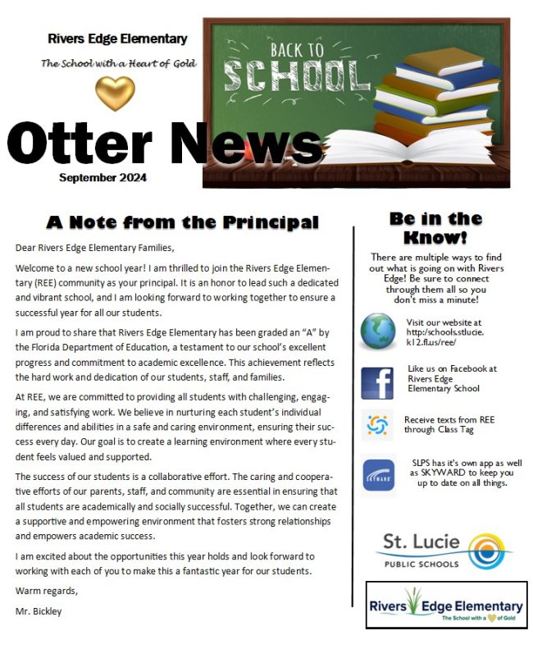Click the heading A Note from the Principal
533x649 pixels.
[x=182, y=222]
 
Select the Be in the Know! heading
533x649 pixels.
[x=435, y=227]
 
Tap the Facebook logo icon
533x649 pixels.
[x=378, y=383]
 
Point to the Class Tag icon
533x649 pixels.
[x=378, y=425]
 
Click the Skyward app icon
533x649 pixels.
[x=378, y=476]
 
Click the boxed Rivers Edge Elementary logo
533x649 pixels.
[x=446, y=606]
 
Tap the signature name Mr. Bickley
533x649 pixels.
[x=38, y=611]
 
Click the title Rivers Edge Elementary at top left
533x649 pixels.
[x=117, y=39]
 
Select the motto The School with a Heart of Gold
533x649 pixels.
[x=118, y=63]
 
